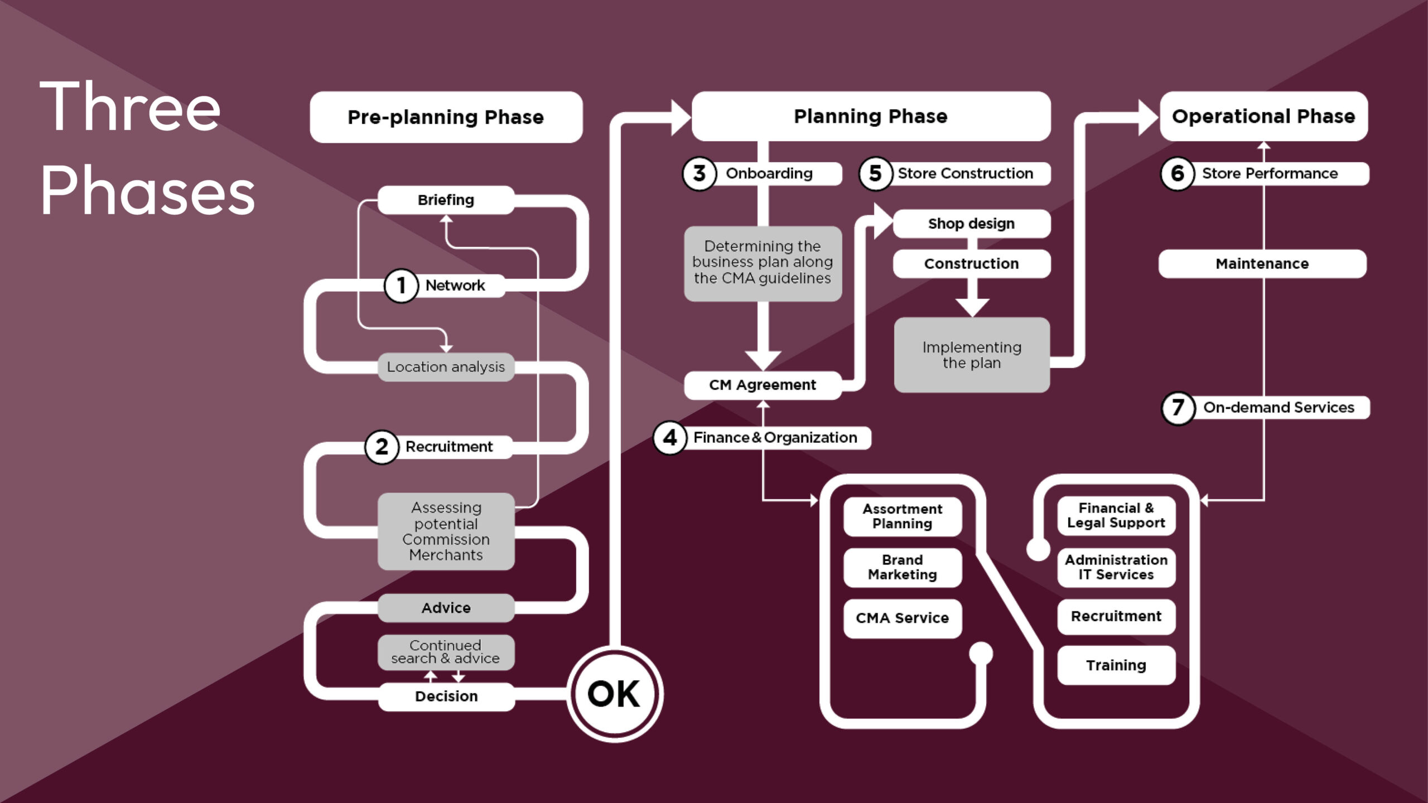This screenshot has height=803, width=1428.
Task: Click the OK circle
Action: point(615,694)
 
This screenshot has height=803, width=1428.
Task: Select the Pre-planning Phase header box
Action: point(446,117)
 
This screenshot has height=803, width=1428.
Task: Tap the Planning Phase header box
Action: point(871,116)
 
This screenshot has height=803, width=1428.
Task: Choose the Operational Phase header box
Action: point(1263,116)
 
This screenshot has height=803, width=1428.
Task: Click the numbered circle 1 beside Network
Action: point(401,286)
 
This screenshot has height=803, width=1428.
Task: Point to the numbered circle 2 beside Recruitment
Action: point(382,447)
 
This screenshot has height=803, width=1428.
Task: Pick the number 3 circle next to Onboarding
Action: point(699,173)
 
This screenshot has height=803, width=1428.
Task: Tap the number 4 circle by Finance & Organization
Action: point(669,438)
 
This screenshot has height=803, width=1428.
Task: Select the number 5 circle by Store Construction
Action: point(875,173)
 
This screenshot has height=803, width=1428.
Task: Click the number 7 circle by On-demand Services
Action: point(1178,408)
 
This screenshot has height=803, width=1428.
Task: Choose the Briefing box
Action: point(446,200)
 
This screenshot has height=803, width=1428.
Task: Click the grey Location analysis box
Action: point(446,367)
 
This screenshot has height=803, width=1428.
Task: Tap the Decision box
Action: point(446,696)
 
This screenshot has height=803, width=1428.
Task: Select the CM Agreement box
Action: point(762,385)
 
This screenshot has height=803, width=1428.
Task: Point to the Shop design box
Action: point(971,224)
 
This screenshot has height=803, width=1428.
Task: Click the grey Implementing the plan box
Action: point(972,355)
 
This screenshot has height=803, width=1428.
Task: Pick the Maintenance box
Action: point(1262,264)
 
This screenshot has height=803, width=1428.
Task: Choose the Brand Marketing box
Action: point(902,568)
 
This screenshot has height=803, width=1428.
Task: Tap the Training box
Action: point(1116,665)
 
